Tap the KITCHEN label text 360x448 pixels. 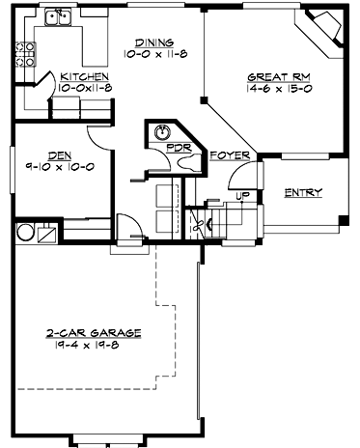84,76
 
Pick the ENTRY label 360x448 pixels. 303,192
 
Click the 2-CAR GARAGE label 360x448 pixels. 93,332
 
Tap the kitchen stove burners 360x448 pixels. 17,58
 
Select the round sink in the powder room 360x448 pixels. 162,132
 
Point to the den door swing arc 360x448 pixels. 98,138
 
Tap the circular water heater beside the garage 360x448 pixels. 23,233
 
